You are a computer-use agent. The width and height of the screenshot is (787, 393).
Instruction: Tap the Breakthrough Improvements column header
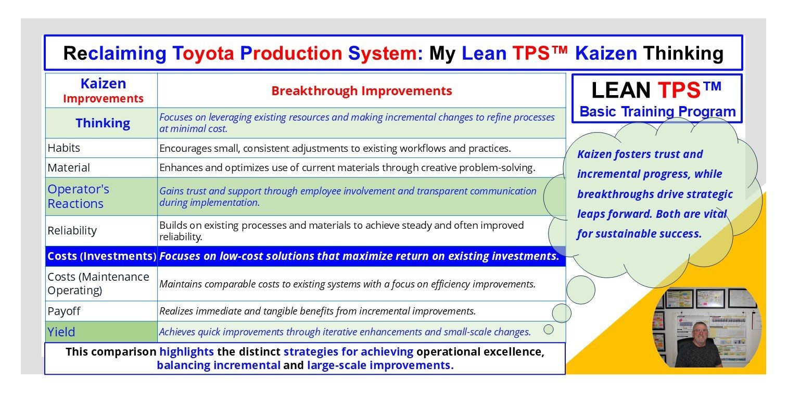(x=361, y=91)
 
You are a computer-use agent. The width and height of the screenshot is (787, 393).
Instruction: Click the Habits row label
(x=64, y=148)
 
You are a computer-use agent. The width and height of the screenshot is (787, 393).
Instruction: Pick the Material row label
(x=69, y=168)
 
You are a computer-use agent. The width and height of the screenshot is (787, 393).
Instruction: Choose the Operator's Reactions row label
(x=79, y=197)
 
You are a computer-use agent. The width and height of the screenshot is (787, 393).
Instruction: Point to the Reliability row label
(x=72, y=230)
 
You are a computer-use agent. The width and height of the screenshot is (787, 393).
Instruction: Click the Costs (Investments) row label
(x=101, y=256)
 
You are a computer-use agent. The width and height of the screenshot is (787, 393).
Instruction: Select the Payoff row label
(x=64, y=311)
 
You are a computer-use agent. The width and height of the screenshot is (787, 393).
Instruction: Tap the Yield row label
(x=61, y=332)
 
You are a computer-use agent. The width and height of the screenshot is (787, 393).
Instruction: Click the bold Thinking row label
(x=103, y=123)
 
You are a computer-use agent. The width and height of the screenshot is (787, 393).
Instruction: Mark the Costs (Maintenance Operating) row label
(x=98, y=283)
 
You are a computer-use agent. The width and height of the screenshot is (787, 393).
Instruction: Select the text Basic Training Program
(x=657, y=112)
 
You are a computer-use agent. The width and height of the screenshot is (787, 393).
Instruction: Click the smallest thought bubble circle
(x=549, y=329)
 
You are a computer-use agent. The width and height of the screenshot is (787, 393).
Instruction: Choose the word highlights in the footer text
(x=186, y=352)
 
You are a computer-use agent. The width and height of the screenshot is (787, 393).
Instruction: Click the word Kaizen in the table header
(x=103, y=84)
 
